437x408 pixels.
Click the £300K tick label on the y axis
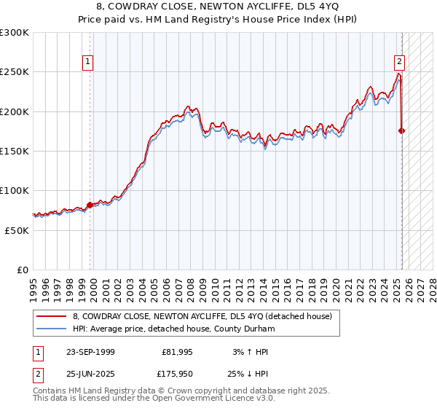click(15, 33)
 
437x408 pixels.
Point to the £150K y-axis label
click(15, 151)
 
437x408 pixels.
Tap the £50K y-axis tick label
click(17, 229)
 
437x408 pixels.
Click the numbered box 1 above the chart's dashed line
click(87, 63)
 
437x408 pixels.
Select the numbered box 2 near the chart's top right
click(400, 63)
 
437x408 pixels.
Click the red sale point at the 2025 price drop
click(401, 130)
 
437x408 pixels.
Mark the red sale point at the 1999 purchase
click(90, 205)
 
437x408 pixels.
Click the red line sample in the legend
click(52, 316)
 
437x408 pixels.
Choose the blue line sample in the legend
click(52, 329)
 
